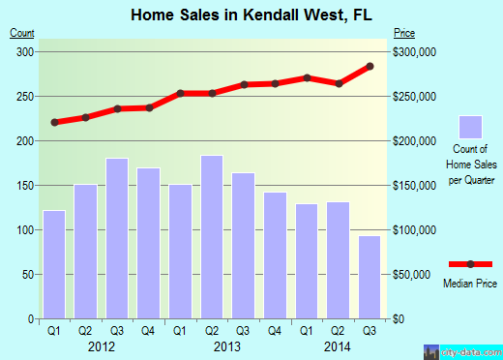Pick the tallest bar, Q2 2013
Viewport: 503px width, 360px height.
212,236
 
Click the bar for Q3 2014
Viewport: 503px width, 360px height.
369,277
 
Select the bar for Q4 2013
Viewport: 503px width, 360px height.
275,255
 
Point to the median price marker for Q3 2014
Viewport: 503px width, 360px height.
369,66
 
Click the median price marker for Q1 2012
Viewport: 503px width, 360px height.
54,122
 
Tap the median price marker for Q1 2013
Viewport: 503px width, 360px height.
181,93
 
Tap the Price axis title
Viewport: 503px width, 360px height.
403,33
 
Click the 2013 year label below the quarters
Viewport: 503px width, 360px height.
226,346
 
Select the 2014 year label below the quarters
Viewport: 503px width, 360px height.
337,346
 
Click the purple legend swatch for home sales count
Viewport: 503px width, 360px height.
470,127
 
